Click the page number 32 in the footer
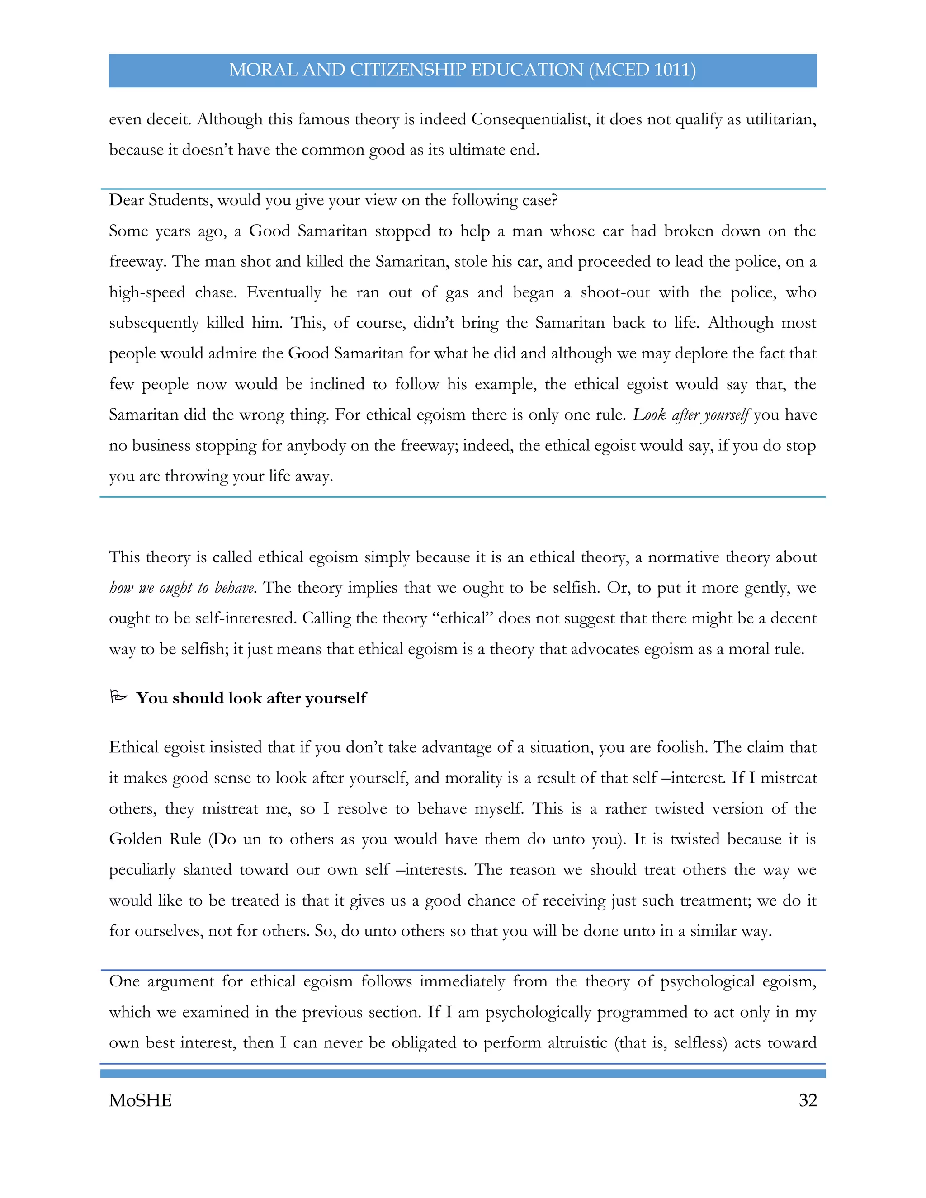[808, 1100]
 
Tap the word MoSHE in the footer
[141, 1100]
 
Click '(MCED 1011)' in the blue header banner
[643, 70]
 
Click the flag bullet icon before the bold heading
[118, 697]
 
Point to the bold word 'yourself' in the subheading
[336, 698]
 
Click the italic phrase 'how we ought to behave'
[182, 588]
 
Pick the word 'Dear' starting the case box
[127, 200]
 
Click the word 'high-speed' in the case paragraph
[147, 292]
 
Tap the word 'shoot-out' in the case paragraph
[615, 292]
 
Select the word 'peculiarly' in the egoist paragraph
[142, 870]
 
